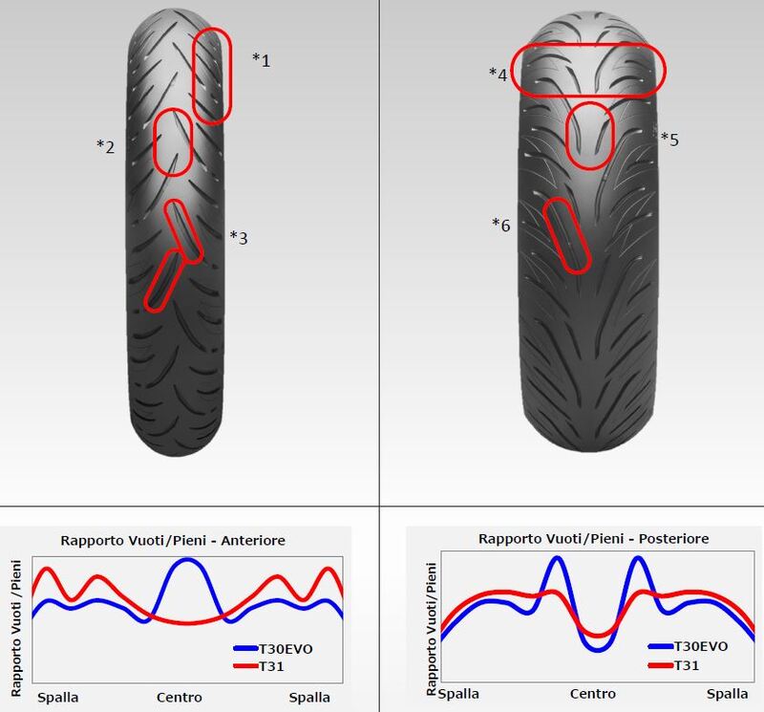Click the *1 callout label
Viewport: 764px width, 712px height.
[261, 60]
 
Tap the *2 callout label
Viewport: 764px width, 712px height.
[106, 146]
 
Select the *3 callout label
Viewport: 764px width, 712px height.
[239, 238]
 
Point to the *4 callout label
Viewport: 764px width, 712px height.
[498, 75]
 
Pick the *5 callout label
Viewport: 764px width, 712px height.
[669, 139]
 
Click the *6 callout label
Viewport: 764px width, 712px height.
[500, 225]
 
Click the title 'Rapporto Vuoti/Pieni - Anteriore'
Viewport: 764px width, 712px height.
[173, 540]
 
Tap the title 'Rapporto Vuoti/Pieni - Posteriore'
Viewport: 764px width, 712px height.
[593, 538]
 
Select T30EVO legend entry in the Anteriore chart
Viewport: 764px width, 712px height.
[273, 649]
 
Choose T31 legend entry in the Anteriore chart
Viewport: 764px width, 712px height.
[259, 666]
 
